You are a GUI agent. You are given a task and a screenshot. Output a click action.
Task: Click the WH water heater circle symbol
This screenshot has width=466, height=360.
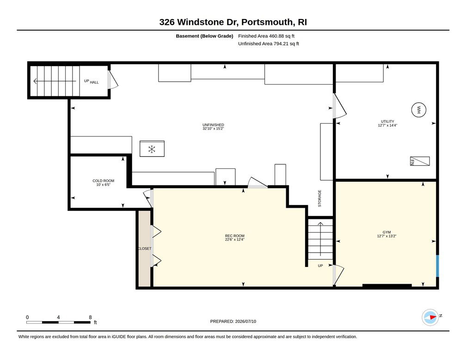click(x=419, y=110)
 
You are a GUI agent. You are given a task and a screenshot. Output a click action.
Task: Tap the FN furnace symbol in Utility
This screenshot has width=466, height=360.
click(x=420, y=161)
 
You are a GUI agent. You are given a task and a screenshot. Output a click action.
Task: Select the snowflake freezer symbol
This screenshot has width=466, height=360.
click(x=152, y=149)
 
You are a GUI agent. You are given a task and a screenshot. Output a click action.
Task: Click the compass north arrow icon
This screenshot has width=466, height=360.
click(x=430, y=317)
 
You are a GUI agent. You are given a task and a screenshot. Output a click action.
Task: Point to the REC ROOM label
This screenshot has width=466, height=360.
click(x=235, y=237)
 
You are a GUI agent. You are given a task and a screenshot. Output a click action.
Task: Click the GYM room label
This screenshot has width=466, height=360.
click(x=386, y=234)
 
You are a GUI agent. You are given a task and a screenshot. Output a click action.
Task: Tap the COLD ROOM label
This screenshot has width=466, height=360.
click(x=103, y=183)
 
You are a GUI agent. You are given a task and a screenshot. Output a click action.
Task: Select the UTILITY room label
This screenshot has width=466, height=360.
click(x=387, y=123)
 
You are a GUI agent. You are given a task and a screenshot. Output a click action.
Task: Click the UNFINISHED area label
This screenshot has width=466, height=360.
click(x=213, y=127)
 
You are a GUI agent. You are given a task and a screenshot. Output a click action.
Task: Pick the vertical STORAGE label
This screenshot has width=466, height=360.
click(x=320, y=199)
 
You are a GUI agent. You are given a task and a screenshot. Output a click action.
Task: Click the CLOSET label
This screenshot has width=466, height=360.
click(x=145, y=248)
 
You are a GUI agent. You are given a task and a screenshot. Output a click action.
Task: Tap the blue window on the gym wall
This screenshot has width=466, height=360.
click(x=437, y=266)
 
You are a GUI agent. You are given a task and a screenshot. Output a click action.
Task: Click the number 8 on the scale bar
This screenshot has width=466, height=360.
click(x=90, y=317)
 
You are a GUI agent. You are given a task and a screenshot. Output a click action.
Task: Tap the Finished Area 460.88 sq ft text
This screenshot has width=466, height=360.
click(x=266, y=36)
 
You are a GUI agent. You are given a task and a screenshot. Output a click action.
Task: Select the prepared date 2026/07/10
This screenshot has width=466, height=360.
click(x=245, y=321)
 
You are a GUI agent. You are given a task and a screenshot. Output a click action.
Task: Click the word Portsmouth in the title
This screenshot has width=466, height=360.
click(x=266, y=22)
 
